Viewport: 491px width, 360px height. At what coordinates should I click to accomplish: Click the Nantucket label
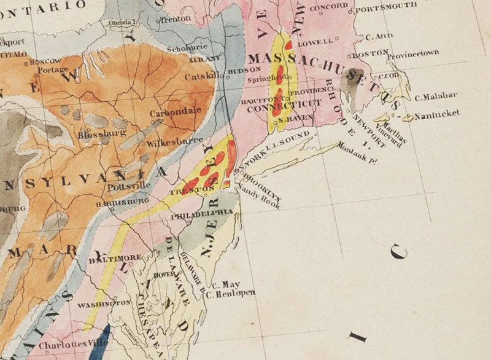point(437,115)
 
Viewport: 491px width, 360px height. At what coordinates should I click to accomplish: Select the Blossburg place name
point(102,133)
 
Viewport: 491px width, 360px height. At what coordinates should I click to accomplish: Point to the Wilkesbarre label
point(167,143)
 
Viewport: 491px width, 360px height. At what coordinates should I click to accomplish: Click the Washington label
point(104,303)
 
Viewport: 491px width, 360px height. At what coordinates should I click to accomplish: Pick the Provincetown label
point(414,53)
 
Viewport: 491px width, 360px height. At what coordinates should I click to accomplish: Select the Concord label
point(328,8)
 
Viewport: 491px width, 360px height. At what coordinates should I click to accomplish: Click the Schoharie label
point(190,46)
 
